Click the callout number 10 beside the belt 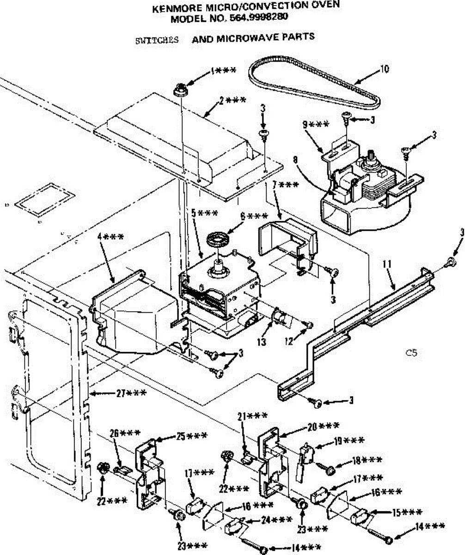point(384,70)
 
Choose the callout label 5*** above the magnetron point(203,214)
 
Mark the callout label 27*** point(132,393)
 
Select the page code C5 point(411,353)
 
